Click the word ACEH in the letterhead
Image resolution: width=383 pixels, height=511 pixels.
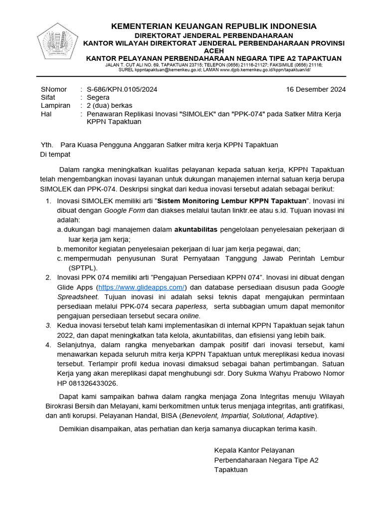click(213, 51)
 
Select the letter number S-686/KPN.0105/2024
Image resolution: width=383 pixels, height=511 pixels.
click(122, 89)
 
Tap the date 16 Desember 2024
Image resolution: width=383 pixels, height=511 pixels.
click(316, 89)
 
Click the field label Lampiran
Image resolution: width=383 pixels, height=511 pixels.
click(55, 105)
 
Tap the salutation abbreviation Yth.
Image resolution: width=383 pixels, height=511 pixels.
click(46, 145)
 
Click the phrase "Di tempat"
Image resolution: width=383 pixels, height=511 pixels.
click(55, 154)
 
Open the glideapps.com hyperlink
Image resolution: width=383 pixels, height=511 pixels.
click(142, 287)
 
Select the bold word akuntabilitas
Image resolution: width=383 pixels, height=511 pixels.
click(195, 230)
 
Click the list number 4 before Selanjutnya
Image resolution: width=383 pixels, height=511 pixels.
click(48, 345)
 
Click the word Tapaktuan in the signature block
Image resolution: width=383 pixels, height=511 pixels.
click(231, 470)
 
